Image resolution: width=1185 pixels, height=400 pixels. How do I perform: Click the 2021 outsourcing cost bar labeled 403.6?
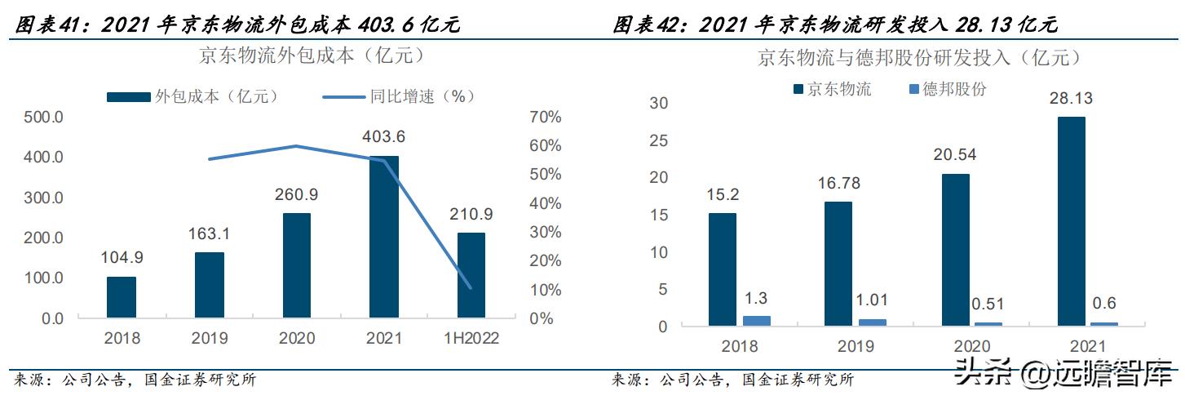tap(384, 237)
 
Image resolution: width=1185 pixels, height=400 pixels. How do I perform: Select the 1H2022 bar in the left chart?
tap(471, 275)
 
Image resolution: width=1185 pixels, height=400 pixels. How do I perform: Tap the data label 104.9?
tap(122, 259)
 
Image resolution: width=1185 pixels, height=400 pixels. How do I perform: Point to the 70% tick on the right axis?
tap(545, 117)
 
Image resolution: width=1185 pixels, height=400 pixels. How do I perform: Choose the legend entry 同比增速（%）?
tap(399, 96)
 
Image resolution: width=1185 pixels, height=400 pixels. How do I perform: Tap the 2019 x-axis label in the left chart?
tap(209, 338)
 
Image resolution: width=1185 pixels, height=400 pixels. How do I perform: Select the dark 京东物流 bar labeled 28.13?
tap(1070, 221)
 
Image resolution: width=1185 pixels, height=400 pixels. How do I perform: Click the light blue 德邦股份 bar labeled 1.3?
tap(756, 321)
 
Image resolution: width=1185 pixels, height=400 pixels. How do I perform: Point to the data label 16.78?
tap(838, 184)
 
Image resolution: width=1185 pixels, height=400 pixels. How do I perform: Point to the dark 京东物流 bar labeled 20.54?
tap(954, 250)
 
